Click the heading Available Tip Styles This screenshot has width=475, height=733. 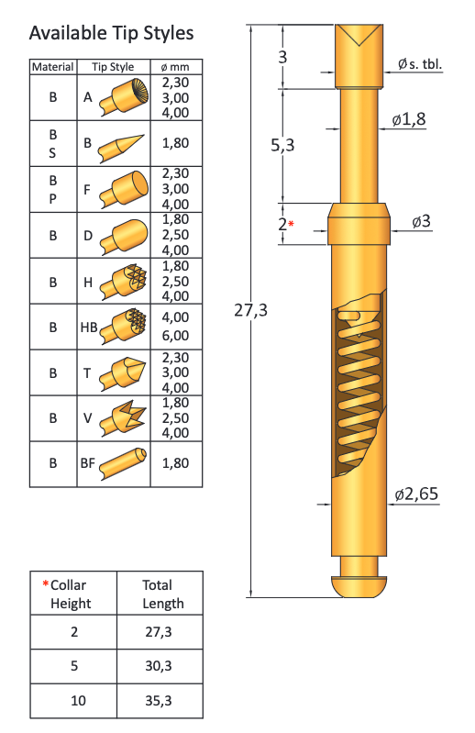coord(111,33)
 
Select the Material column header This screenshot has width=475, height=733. coord(53,67)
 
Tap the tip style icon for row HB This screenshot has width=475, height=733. coord(122,326)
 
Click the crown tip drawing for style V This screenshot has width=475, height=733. coord(122,417)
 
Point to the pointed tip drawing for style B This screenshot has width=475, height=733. coord(122,144)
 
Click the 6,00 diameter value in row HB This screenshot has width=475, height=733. coord(175,337)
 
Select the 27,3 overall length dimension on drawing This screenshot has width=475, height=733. coord(250,310)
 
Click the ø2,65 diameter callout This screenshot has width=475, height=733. coord(416,494)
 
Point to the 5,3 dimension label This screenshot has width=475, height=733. coord(295,145)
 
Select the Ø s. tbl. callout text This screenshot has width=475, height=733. coord(420,63)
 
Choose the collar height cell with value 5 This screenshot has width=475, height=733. coord(73,667)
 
